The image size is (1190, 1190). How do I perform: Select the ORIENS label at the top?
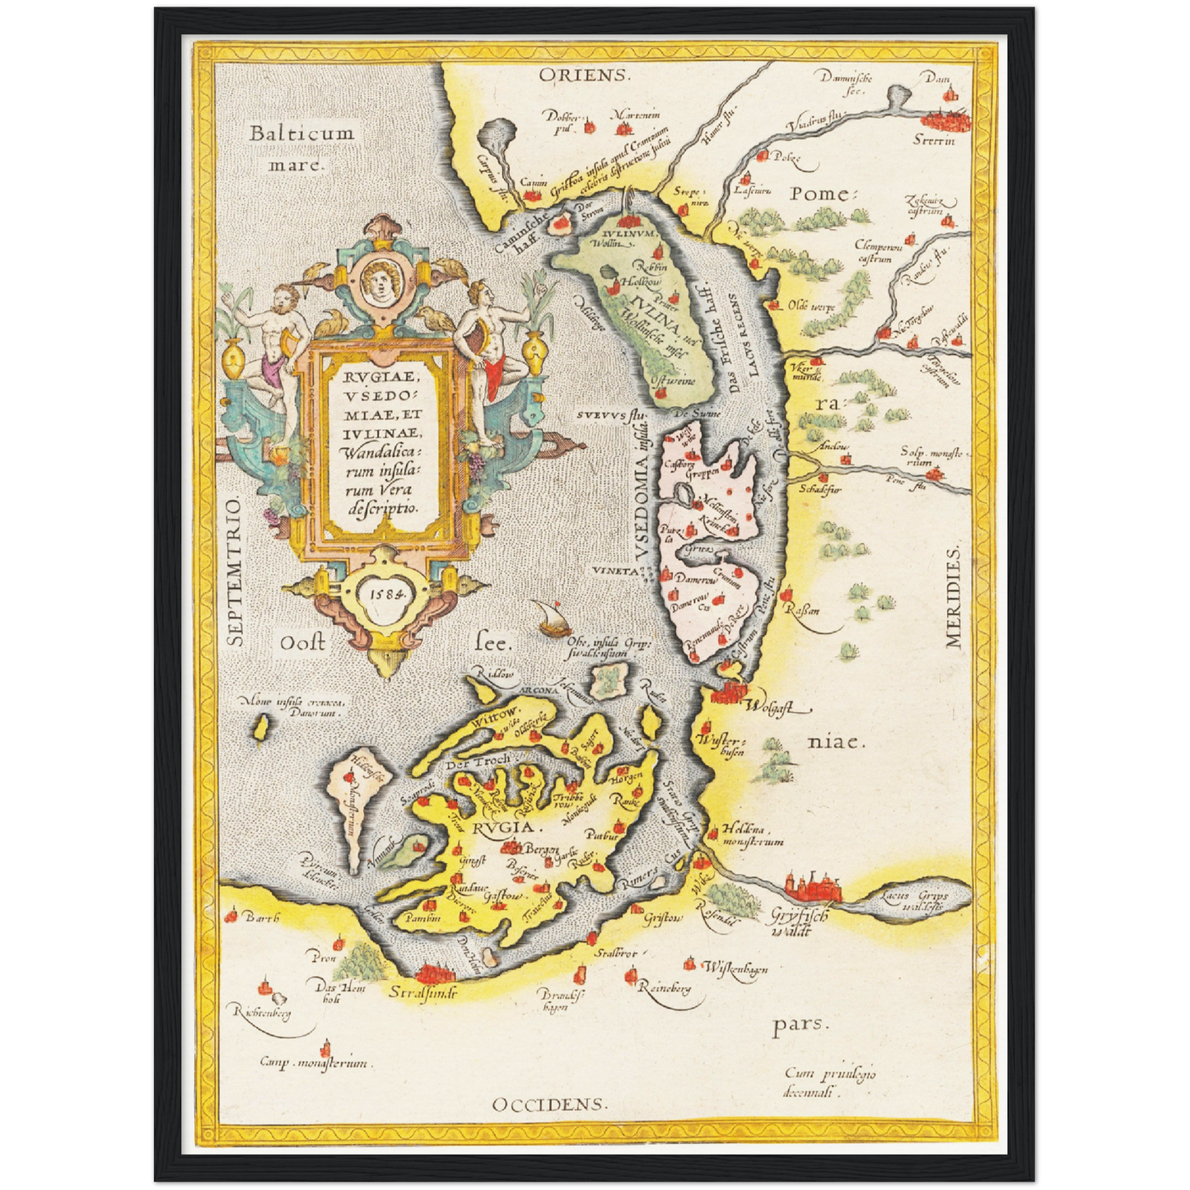pos(584,75)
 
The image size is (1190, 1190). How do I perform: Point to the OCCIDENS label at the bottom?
pos(550,1104)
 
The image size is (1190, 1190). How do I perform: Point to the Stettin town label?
pos(934,140)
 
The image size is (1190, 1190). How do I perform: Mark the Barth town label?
pos(263,917)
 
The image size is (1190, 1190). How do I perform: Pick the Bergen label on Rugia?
pos(543,849)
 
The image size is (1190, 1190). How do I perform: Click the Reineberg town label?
pos(665,987)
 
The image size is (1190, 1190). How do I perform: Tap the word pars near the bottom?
pos(798,1024)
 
